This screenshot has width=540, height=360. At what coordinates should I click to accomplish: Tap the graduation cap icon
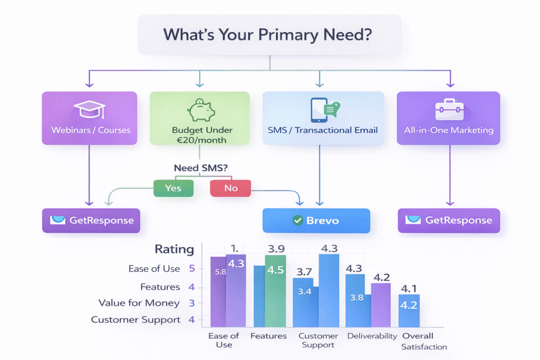point(89,109)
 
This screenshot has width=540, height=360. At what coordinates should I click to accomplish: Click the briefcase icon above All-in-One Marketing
point(449,109)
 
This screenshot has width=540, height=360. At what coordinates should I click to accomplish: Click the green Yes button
point(173,188)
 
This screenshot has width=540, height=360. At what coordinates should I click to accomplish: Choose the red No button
point(230,188)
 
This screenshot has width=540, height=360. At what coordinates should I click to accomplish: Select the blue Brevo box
point(316,220)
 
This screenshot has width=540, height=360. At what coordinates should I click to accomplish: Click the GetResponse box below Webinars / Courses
point(91,220)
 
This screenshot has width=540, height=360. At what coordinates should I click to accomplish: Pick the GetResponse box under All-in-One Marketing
point(448,220)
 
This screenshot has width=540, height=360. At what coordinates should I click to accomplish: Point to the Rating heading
point(174,249)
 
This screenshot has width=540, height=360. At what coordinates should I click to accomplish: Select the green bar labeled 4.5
point(275,291)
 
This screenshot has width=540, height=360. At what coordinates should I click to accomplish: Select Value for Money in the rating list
point(139,303)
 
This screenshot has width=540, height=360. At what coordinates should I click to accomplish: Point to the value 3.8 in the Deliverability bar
point(356,297)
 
